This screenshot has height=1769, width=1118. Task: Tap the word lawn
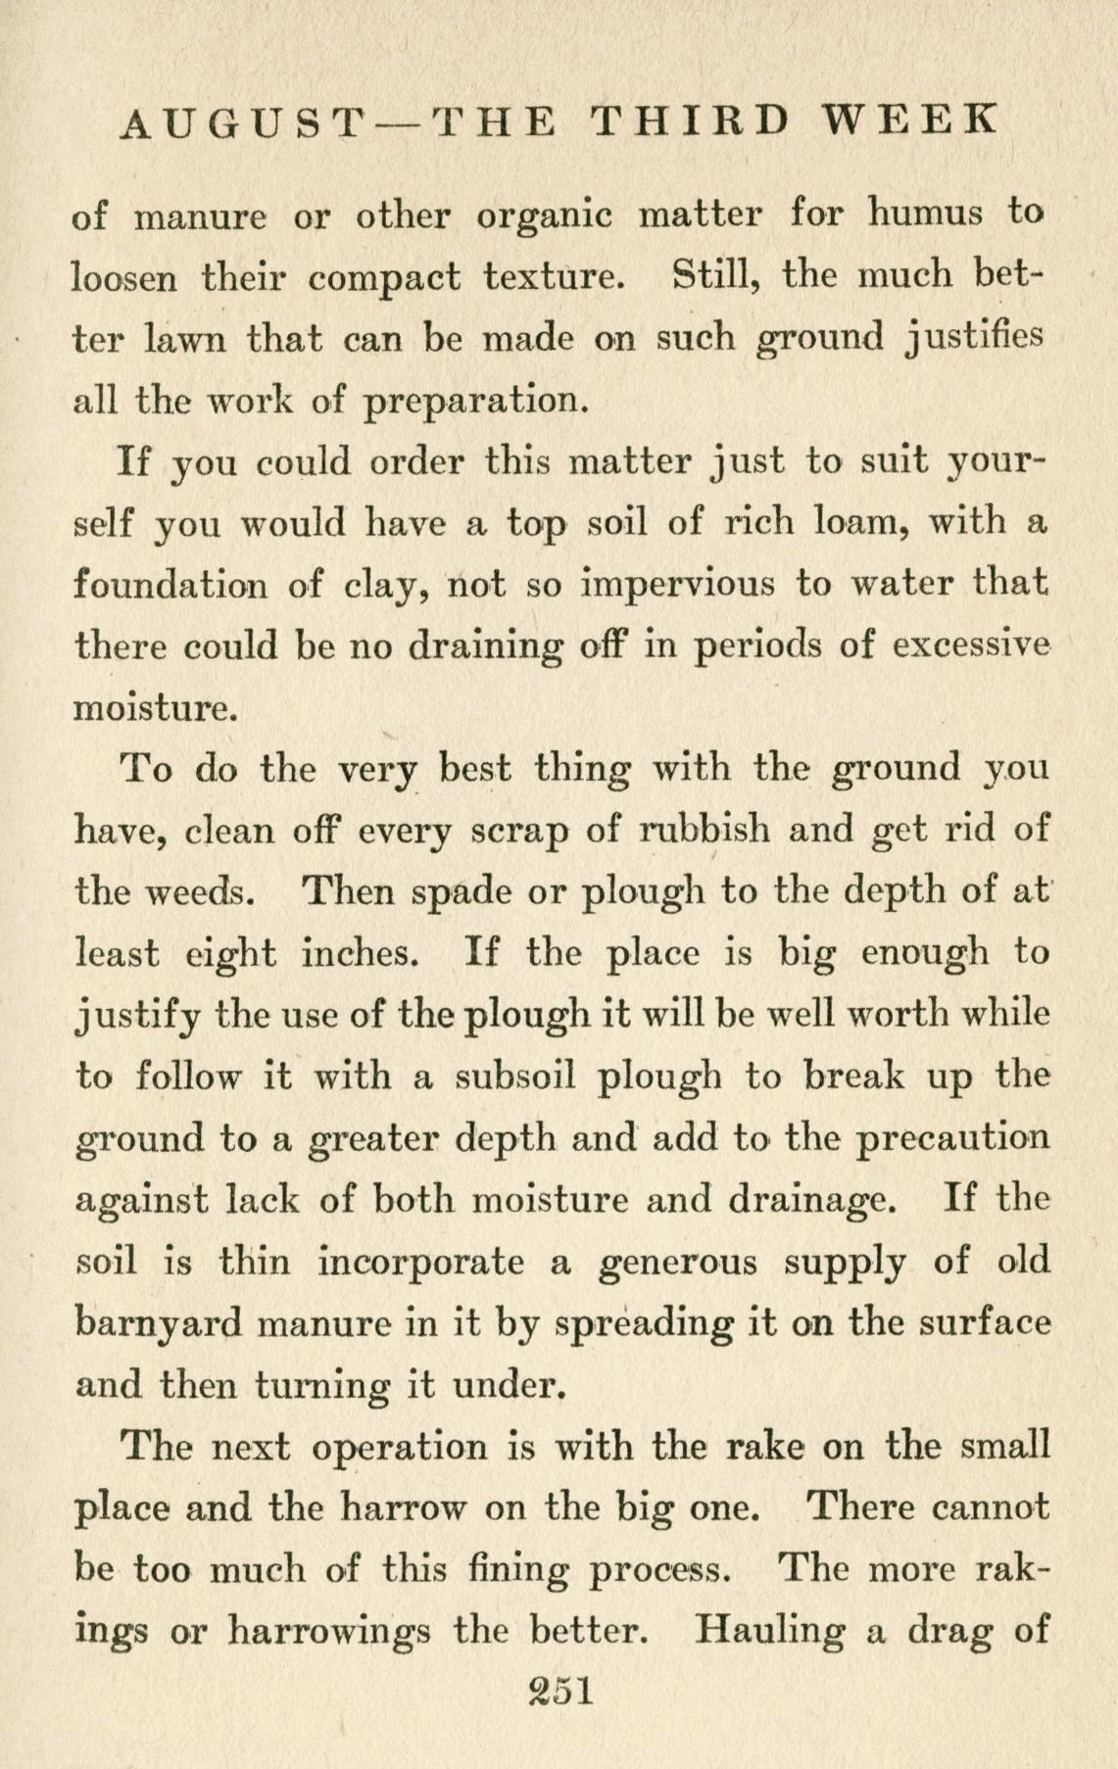[187, 339]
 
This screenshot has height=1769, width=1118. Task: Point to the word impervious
[675, 586]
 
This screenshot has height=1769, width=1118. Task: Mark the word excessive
[972, 646]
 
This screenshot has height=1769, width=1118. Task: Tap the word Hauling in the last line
[768, 1631]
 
